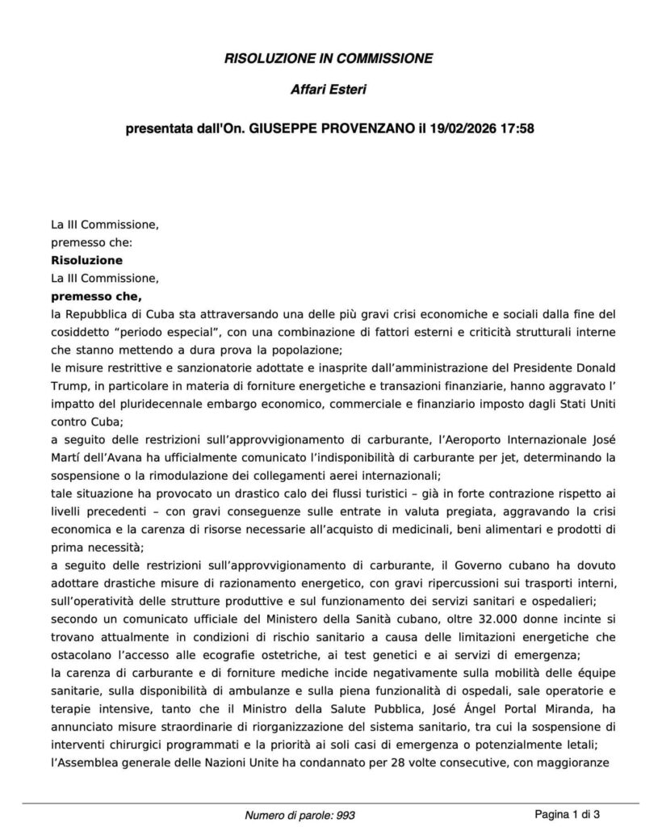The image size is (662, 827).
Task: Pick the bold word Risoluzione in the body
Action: [86, 260]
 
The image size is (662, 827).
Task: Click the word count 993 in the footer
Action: [345, 816]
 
